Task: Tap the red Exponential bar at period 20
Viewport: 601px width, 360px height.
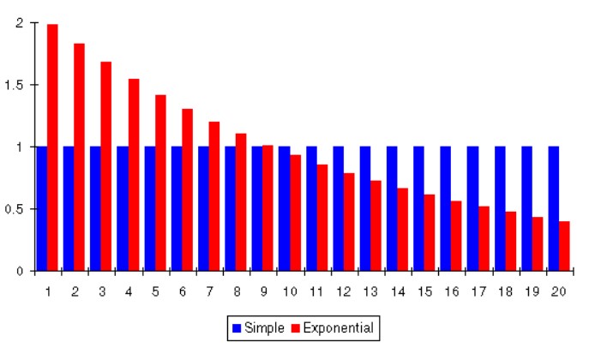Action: (x=564, y=246)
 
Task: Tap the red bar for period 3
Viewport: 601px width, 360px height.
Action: (x=106, y=166)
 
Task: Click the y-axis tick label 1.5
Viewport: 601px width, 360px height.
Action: (x=15, y=85)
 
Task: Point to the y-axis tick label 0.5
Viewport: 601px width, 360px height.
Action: (x=15, y=209)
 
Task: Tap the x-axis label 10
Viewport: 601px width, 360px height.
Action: (x=290, y=291)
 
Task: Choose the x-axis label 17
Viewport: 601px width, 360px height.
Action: (x=478, y=291)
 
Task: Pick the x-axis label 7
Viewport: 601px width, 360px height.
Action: (x=209, y=291)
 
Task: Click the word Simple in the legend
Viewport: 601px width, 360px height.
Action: (x=262, y=327)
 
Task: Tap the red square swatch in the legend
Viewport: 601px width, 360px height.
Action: (x=297, y=327)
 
